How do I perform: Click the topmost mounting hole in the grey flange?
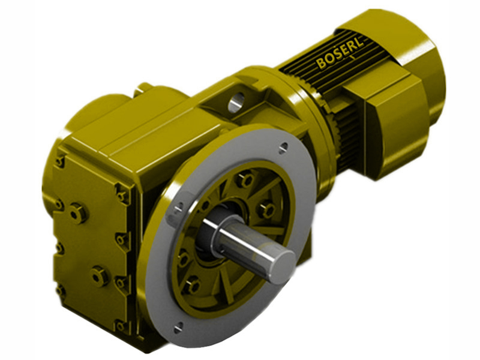pyautogui.click(x=283, y=145)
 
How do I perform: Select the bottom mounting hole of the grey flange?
pyautogui.click(x=178, y=327)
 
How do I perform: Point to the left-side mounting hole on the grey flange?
pyautogui.click(x=178, y=208)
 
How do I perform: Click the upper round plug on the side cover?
pyautogui.click(x=77, y=212)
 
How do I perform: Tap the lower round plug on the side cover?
pyautogui.click(x=99, y=275)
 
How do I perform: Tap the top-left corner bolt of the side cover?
pyautogui.click(x=59, y=161)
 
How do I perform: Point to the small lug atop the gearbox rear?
pyautogui.click(x=142, y=89)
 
